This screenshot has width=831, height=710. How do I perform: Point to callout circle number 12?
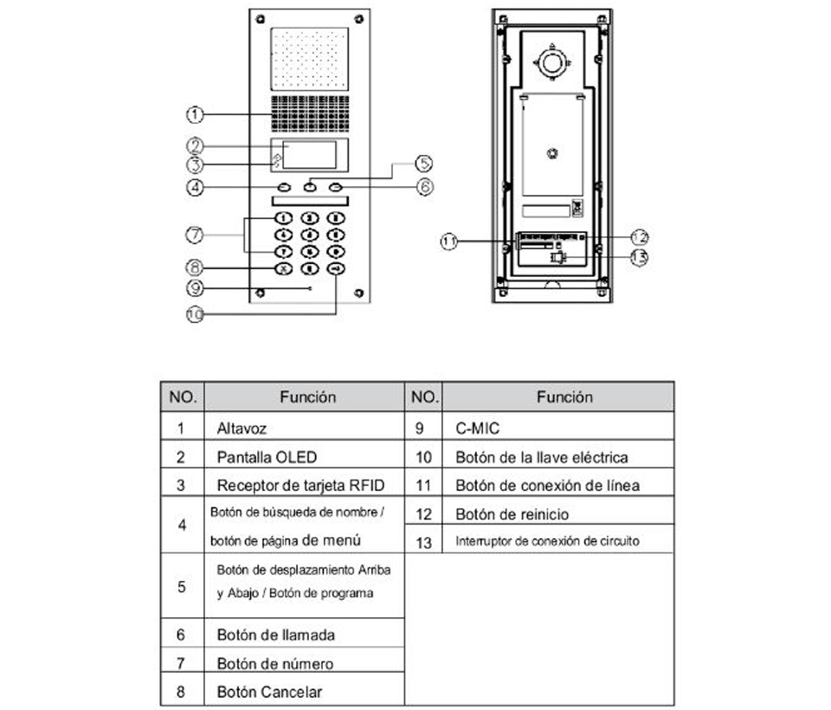[x=639, y=236]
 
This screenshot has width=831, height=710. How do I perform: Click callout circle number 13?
[x=639, y=257]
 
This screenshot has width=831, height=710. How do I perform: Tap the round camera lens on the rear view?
[x=551, y=61]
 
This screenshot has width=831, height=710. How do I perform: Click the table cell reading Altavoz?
[x=242, y=428]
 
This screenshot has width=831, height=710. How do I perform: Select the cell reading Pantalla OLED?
[x=261, y=456]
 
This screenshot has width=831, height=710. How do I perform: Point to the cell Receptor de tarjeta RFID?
[x=300, y=485]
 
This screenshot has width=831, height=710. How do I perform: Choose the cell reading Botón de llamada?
[x=275, y=635]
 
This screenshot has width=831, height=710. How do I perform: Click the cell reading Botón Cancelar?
[x=269, y=692]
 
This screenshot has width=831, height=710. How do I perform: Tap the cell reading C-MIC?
[x=477, y=428]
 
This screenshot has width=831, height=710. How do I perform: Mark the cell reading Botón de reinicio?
[x=512, y=514]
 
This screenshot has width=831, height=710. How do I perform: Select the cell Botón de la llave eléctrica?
[x=541, y=456]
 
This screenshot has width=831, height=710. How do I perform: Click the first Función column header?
[x=307, y=397]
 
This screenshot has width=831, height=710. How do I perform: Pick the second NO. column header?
[x=424, y=397]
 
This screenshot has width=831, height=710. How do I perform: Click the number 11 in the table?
[x=424, y=485]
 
